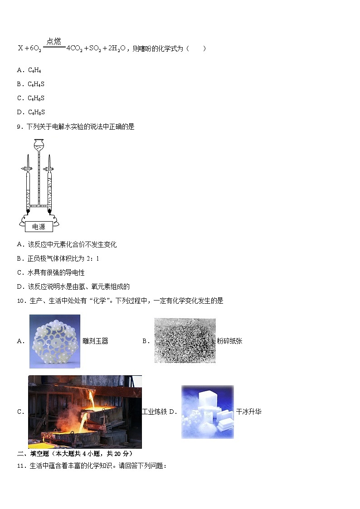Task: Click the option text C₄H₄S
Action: pyautogui.click(x=36, y=84)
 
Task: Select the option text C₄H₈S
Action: pyautogui.click(x=36, y=112)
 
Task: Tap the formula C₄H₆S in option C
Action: pyautogui.click(x=36, y=98)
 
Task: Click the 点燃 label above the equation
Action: pyautogui.click(x=54, y=41)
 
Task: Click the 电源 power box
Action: pyautogui.click(x=39, y=227)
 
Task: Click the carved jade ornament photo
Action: pyautogui.click(x=55, y=341)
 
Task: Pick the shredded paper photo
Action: pyautogui.click(x=185, y=341)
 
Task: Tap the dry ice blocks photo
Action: pyautogui.click(x=207, y=412)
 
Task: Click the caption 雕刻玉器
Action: pyautogui.click(x=96, y=341)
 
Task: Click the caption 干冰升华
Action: pyautogui.click(x=248, y=412)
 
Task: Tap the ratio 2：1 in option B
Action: pyautogui.click(x=92, y=259)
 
